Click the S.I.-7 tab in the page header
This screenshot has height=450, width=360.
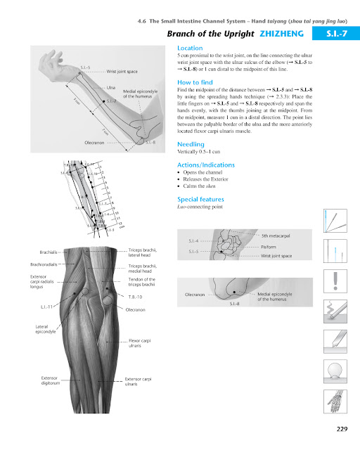(x=334, y=33)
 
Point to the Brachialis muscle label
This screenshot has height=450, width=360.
(x=49, y=251)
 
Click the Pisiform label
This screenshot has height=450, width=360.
(x=271, y=247)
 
